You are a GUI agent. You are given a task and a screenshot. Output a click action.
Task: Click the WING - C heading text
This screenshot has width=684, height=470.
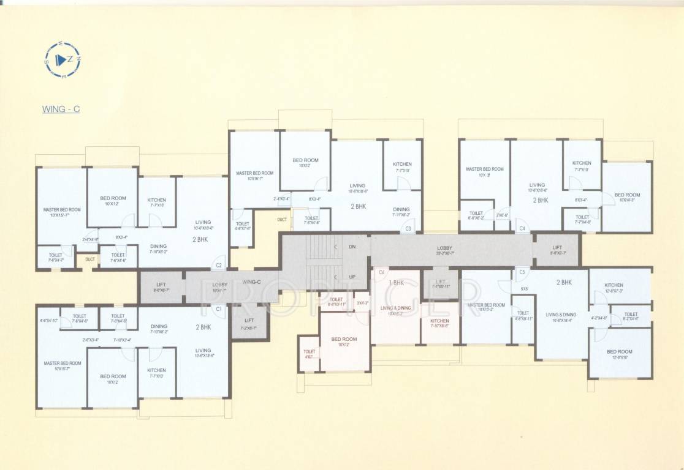coord(61,110)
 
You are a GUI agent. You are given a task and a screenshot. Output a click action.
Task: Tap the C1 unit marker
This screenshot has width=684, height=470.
coord(219,309)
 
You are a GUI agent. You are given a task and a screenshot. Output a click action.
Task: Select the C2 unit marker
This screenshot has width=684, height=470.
coord(219,266)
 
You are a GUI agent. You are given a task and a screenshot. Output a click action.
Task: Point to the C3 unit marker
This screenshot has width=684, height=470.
coord(408,229)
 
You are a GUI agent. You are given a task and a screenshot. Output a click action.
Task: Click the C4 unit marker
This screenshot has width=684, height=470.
coord(522,228)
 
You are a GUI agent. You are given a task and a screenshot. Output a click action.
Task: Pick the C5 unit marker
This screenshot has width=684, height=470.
coord(522,272)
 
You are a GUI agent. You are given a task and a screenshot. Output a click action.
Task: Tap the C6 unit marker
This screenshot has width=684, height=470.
coord(381,272)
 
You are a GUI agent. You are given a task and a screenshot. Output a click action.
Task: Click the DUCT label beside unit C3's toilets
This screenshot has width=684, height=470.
coord(282,219)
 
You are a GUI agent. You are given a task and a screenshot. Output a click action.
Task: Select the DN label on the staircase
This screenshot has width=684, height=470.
coord(352,247)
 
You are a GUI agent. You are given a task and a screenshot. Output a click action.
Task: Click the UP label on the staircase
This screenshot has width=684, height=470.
coord(352,277)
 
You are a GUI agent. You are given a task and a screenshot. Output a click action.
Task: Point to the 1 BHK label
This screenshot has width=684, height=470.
coord(396,283)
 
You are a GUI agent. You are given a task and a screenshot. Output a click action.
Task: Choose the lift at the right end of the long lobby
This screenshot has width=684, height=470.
coord(557,249)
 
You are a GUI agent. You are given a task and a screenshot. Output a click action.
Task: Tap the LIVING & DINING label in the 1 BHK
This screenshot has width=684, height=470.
coord(395,308)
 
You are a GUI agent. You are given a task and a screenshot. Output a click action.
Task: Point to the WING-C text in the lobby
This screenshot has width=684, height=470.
coord(252,282)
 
